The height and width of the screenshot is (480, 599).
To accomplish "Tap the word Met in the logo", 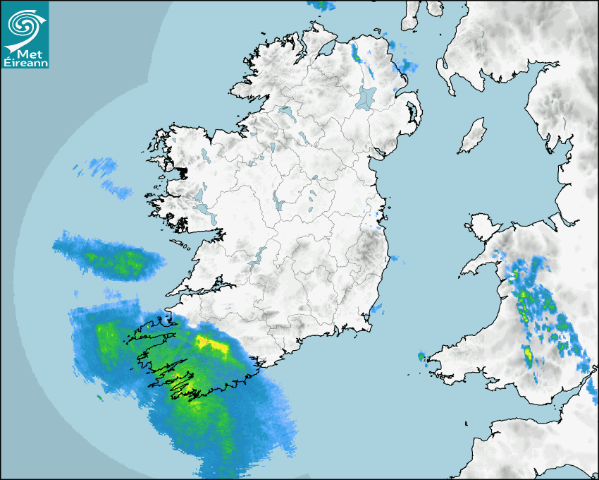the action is [30, 53].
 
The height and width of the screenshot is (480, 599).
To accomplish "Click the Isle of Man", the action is [472, 136].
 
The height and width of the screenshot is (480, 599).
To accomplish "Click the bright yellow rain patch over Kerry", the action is [211, 344].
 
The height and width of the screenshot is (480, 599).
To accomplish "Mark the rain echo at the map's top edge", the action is [322, 4].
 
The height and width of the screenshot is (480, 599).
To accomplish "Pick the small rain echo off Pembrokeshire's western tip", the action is [421, 356].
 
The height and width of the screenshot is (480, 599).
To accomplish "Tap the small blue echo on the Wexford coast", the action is [378, 308].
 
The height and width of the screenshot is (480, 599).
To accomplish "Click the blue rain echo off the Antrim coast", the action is [406, 66].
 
